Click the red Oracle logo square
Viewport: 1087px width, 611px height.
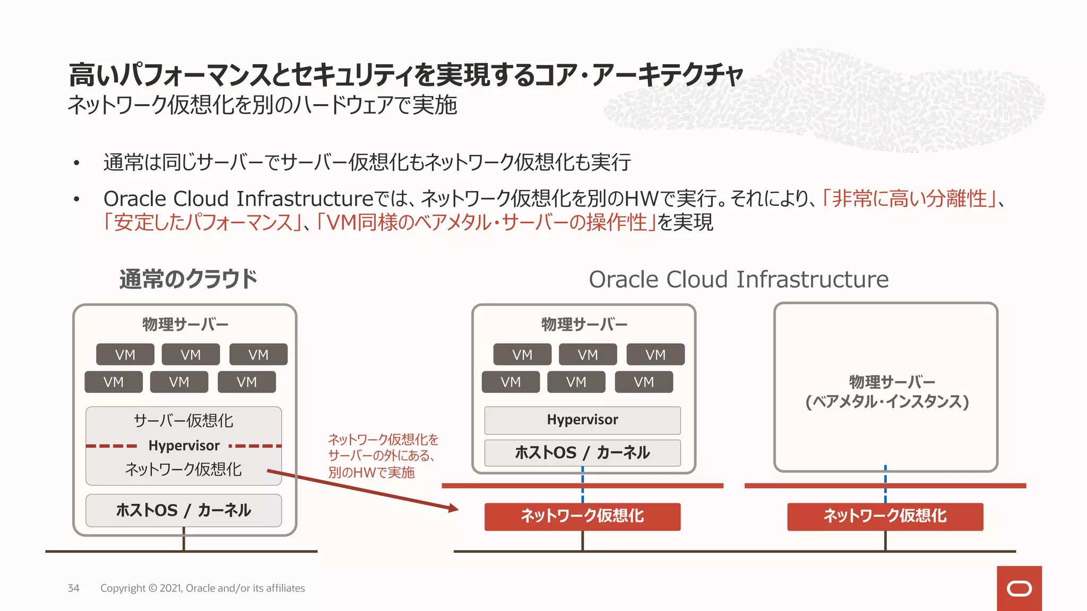[1019, 588]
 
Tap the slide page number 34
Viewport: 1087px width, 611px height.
[73, 588]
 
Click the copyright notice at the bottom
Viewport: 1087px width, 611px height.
[202, 588]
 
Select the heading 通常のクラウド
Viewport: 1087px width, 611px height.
[188, 279]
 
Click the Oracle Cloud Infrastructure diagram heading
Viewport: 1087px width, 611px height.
[738, 279]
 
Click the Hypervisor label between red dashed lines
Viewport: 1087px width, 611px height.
[184, 446]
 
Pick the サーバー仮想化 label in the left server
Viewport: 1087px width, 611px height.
[184, 421]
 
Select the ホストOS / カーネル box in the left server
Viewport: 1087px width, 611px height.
[184, 510]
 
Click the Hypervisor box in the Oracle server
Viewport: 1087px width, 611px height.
[582, 420]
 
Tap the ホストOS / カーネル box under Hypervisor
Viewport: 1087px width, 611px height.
[582, 452]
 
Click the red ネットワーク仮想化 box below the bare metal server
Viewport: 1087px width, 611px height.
[885, 516]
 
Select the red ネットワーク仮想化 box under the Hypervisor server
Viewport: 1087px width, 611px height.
[582, 516]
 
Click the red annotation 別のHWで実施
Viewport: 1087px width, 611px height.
[371, 472]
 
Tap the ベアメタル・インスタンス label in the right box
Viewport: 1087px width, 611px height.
[887, 401]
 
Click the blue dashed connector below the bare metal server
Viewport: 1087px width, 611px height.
[885, 484]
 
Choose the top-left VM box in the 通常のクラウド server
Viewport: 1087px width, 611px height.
[125, 354]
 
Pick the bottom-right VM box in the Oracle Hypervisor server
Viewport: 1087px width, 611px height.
[644, 382]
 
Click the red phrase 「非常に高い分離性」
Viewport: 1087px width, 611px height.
[909, 198]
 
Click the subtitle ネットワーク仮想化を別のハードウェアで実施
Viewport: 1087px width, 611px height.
[262, 104]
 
